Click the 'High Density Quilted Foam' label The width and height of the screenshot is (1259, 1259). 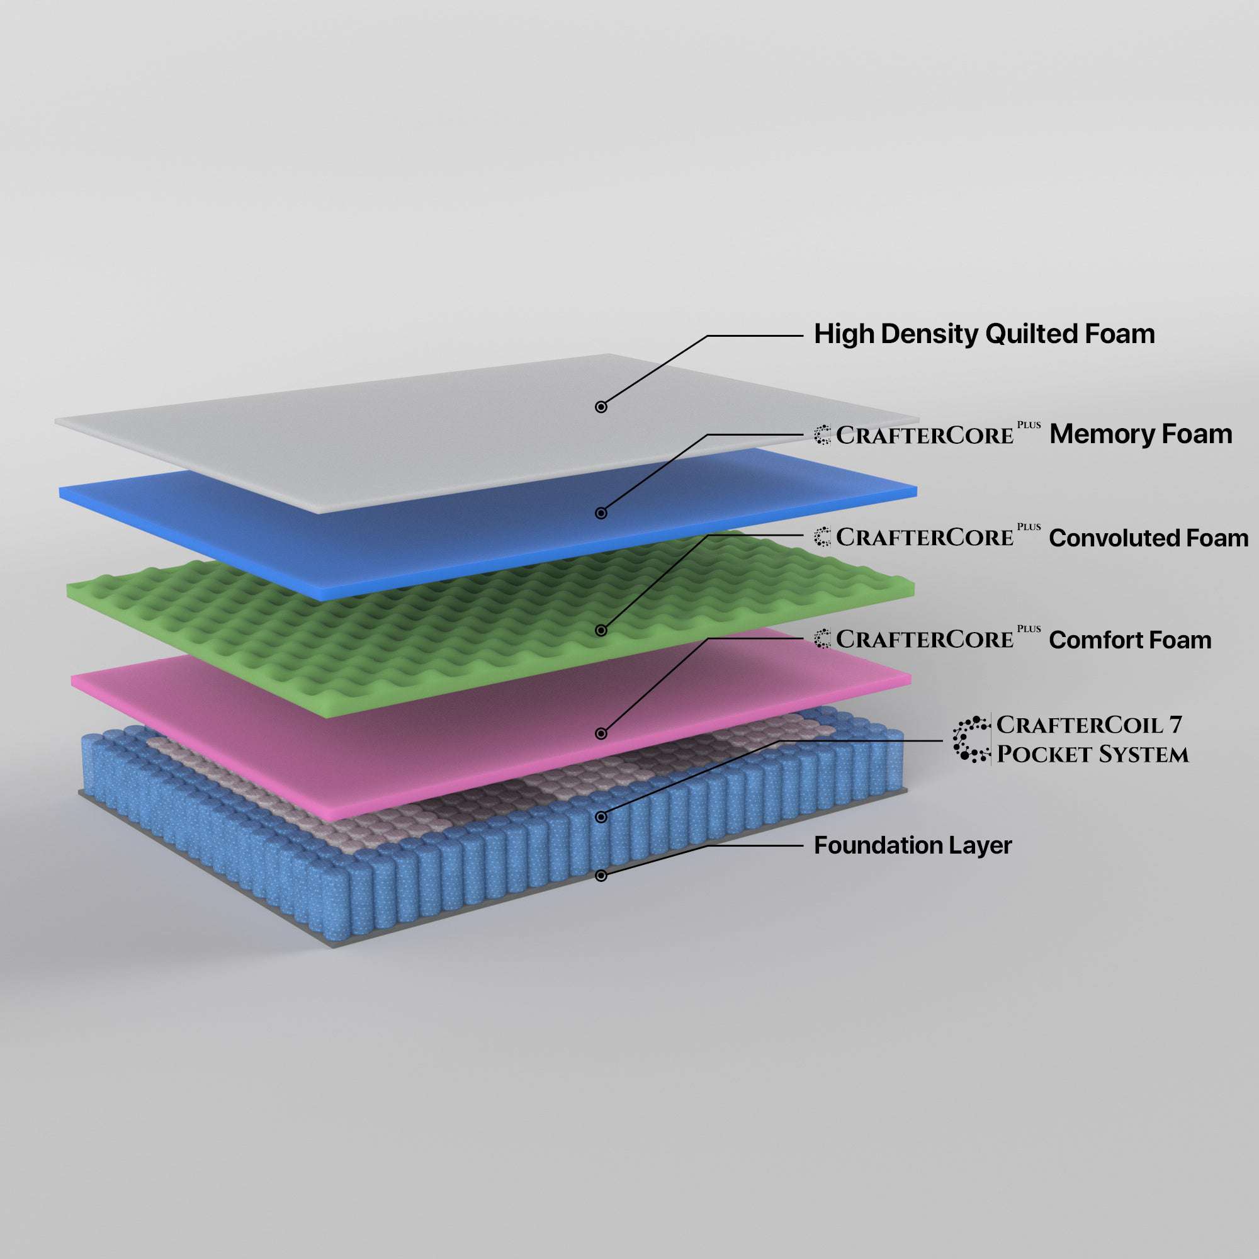point(984,334)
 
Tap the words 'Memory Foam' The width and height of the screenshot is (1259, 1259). point(1141,434)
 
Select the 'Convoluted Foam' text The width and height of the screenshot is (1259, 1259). point(1148,538)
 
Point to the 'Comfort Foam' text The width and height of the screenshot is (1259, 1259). point(1130,640)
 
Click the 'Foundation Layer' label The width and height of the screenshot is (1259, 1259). point(912,846)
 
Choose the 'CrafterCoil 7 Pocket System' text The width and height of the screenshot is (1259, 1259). point(1092,740)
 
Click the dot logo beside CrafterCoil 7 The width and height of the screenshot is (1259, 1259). point(971,740)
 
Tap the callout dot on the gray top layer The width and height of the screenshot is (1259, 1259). point(601,407)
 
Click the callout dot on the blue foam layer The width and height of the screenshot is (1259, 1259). point(601,514)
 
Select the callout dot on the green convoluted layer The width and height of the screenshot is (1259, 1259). point(601,630)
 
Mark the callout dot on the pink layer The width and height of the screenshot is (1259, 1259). point(601,734)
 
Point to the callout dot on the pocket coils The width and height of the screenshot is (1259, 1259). point(601,817)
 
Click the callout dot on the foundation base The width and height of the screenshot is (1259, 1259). point(601,876)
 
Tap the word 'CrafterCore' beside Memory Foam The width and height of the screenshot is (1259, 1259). point(925,436)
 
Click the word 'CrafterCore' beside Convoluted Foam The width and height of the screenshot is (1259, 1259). point(925,538)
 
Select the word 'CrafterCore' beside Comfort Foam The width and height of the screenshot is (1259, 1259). point(925,640)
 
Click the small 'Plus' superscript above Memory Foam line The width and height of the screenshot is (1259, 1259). point(1029,425)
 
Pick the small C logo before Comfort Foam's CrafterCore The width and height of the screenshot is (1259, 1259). point(822,640)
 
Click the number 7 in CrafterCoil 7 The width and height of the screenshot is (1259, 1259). point(1175,725)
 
